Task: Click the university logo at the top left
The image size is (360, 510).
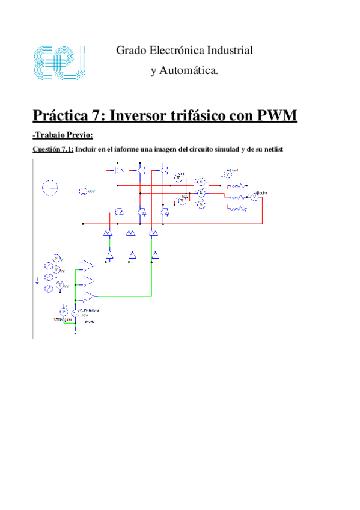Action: pos(58,61)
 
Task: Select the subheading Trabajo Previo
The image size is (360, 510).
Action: pos(63,134)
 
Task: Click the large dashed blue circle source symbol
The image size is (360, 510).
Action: pos(50,188)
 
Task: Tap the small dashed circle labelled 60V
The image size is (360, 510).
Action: pos(82,192)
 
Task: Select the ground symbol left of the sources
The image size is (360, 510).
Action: pos(38,280)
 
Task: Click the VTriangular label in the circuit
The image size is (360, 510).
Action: pos(63,320)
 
